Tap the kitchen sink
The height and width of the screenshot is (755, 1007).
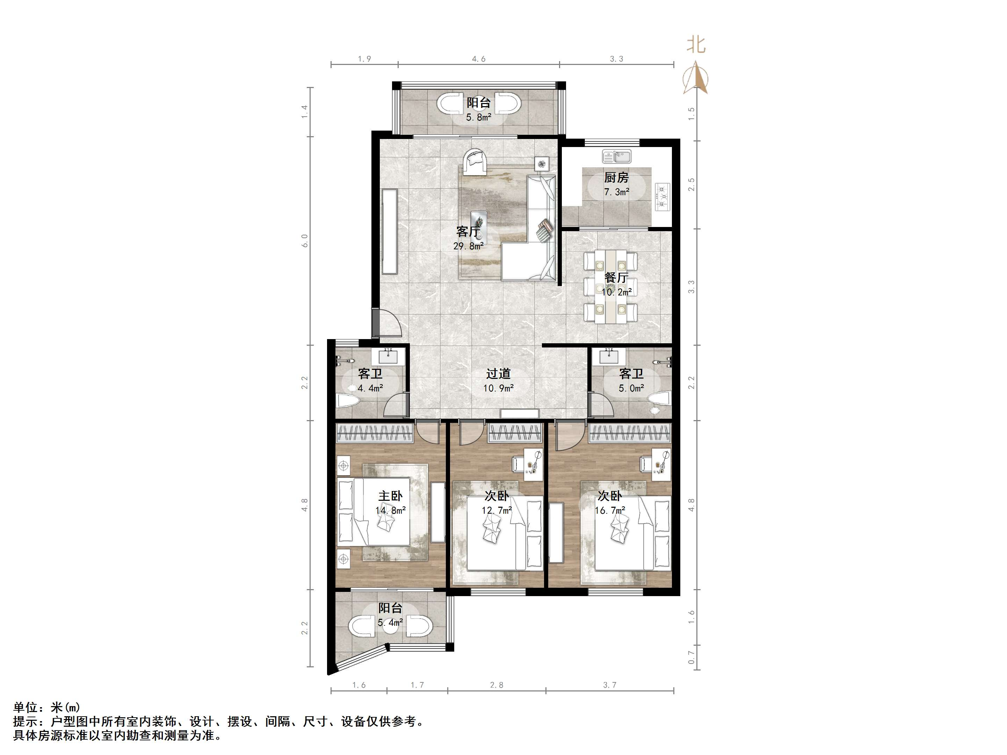616,156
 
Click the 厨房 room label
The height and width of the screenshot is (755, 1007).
616,177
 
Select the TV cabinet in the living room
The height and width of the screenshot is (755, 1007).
390,231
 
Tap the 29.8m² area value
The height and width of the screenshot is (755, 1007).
468,246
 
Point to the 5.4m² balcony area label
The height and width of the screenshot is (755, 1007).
390,622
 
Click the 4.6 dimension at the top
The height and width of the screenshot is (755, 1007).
478,59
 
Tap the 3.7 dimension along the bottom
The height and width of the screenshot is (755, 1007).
610,685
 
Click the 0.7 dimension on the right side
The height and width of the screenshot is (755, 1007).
691,657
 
